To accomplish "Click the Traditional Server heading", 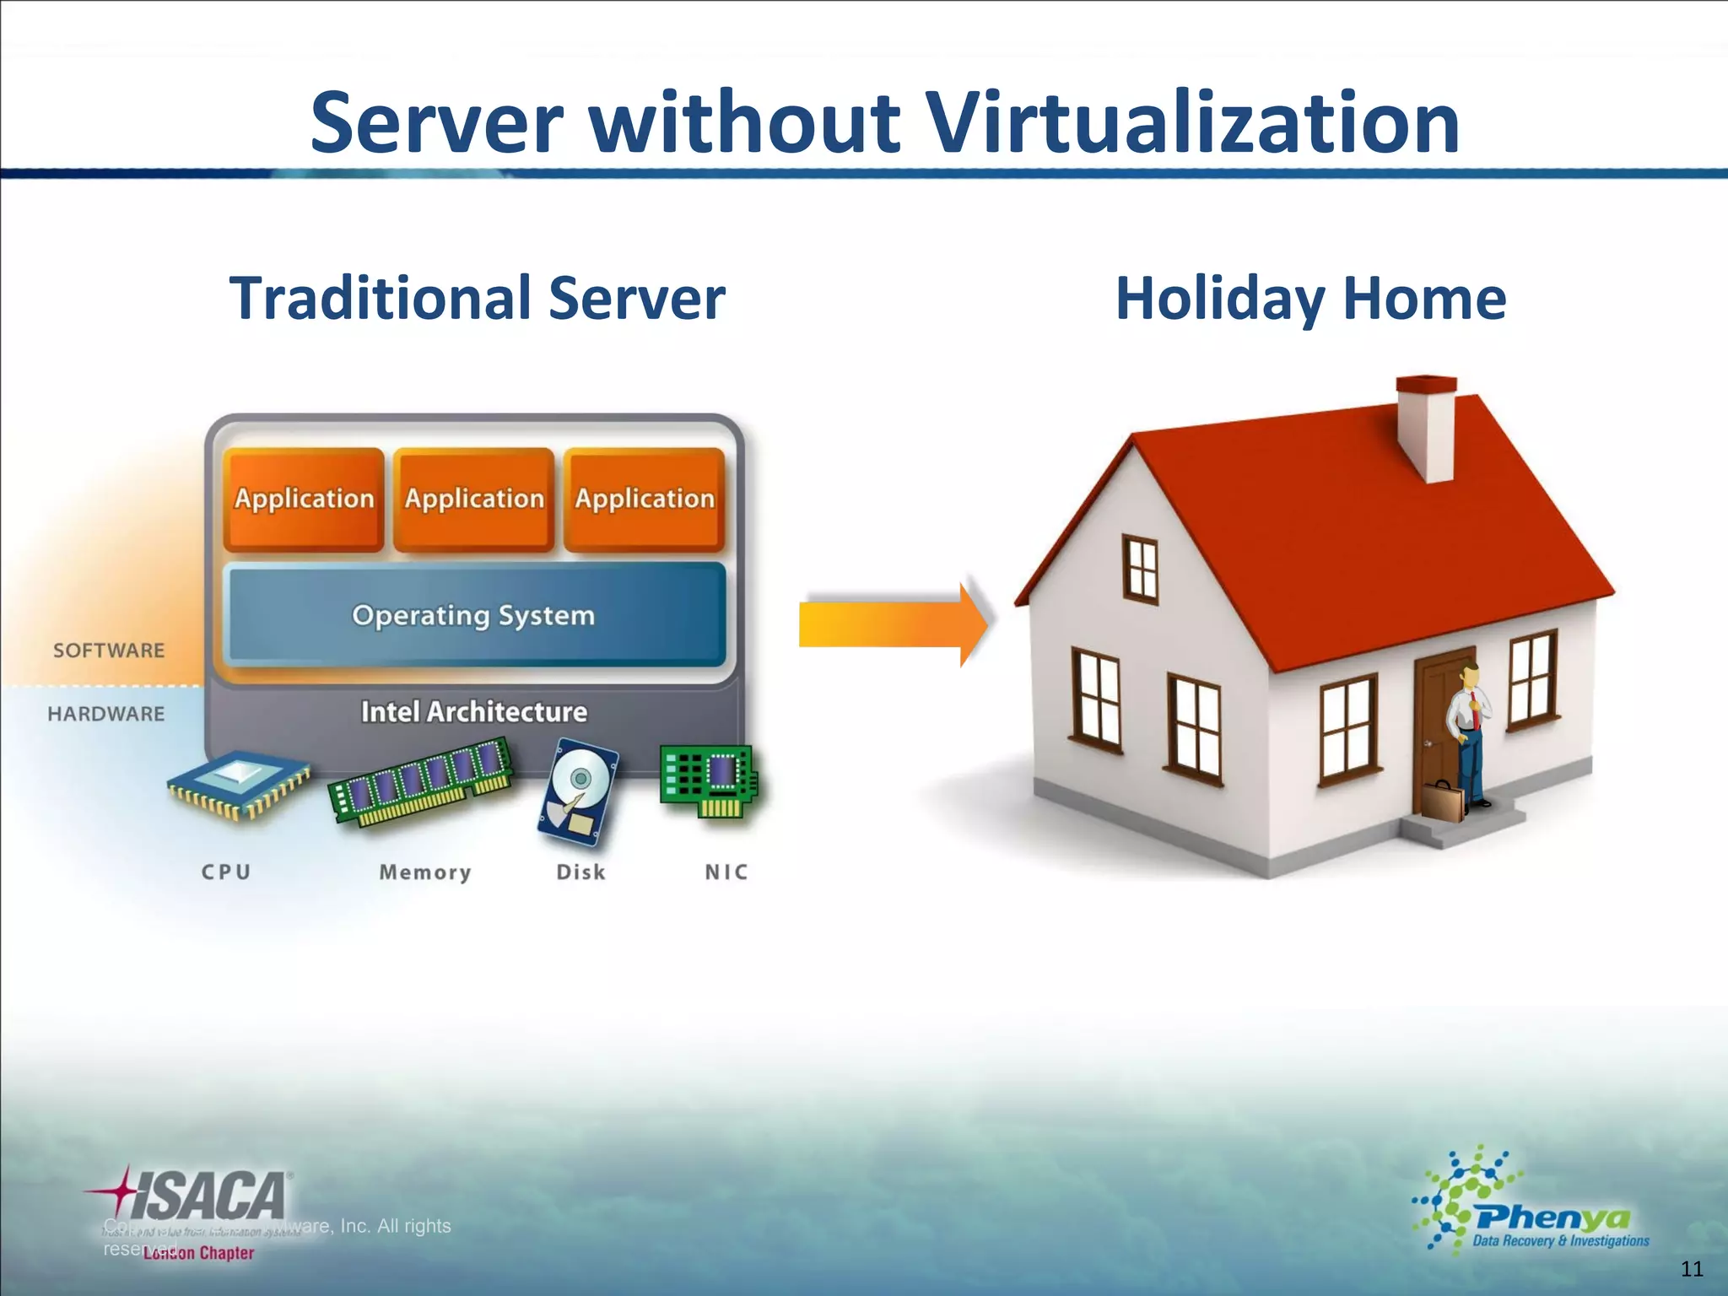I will coord(477,299).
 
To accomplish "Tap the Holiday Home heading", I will coord(1310,299).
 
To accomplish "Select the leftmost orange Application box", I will coord(304,499).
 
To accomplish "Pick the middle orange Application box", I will coord(474,499).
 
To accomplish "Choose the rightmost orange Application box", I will coord(645,499).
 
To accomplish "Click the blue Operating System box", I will coord(474,615).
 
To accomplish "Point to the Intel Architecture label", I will coord(474,712).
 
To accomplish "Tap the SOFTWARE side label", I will coord(109,651).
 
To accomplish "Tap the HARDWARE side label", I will coord(106,714).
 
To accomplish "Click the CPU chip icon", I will coord(239,785).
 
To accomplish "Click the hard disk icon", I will coord(579,791).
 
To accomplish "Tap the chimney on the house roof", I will coord(1426,426).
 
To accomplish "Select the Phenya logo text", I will coord(1552,1218).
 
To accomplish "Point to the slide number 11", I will coord(1692,1269).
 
